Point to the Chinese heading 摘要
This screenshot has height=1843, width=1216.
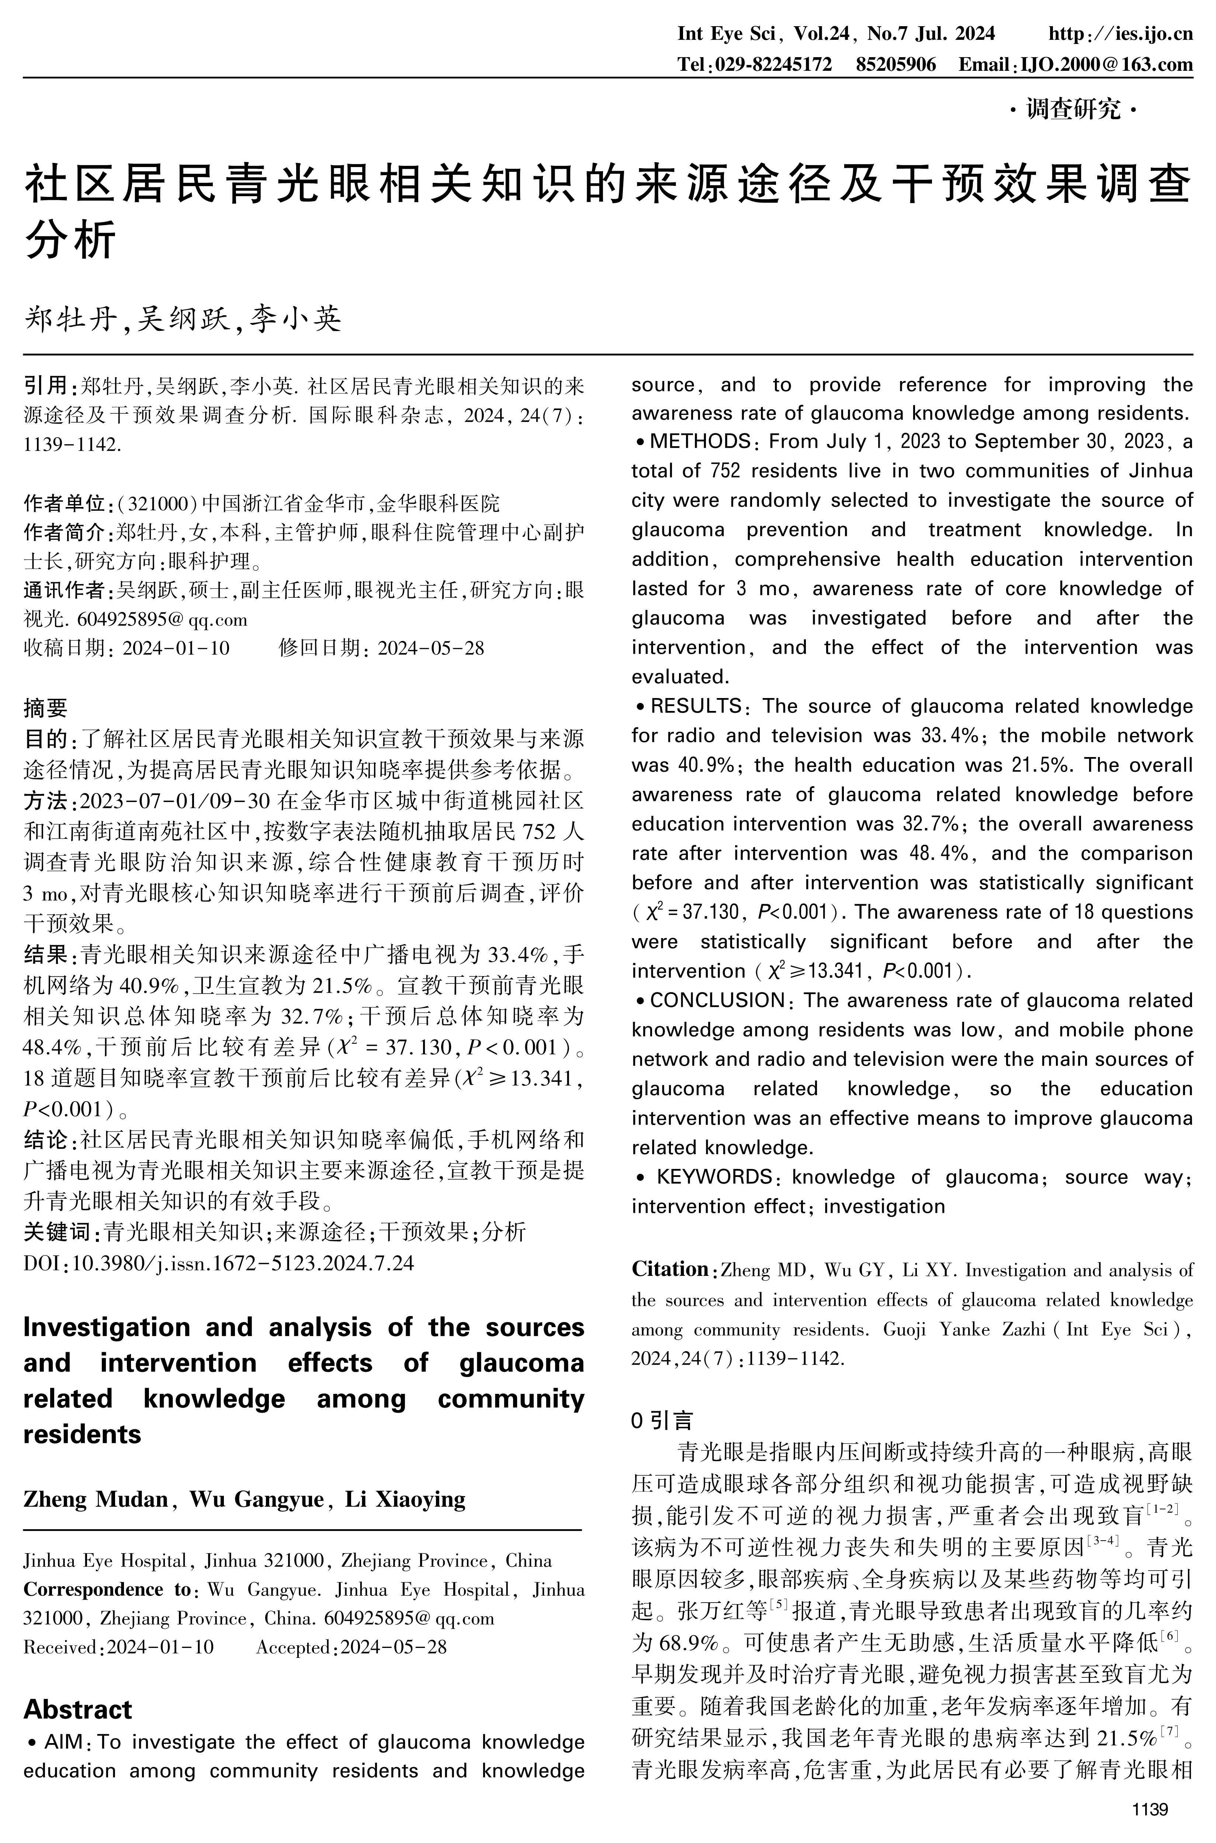46,708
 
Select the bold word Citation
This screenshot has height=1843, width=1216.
669,1269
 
